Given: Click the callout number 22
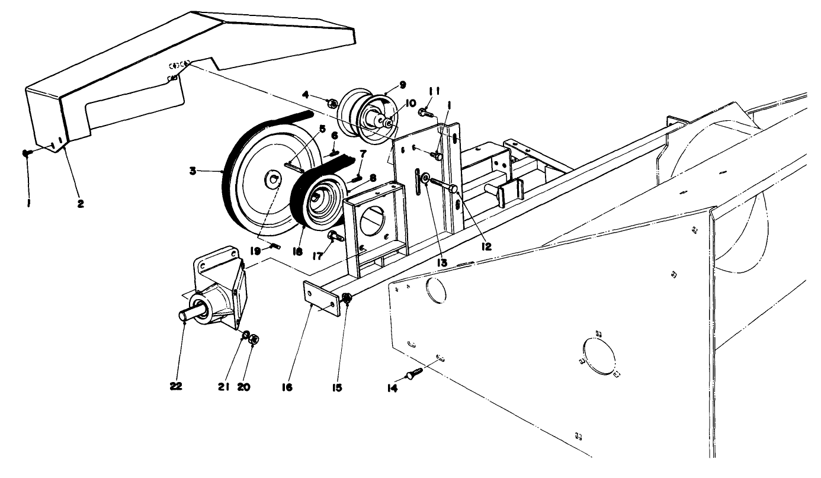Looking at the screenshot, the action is tap(176, 387).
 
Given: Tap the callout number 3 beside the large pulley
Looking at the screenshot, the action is tap(193, 171).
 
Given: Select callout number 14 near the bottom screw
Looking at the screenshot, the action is tap(392, 389).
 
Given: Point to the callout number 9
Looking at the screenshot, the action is tap(402, 85).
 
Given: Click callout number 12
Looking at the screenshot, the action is tap(486, 246).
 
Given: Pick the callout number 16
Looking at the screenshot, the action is tap(287, 387).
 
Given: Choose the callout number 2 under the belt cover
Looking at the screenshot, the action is tap(81, 204).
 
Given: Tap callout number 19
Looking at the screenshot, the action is tap(255, 251).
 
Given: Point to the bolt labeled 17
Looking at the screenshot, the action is tap(336, 236).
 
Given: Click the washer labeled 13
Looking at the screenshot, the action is tap(425, 178).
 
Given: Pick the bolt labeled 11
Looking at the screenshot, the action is tap(427, 113).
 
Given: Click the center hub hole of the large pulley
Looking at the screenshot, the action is tap(273, 179).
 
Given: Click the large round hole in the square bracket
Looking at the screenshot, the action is tap(373, 221).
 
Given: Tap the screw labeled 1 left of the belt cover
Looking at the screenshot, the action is tap(27, 152).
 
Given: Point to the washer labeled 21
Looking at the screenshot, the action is tap(246, 335).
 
